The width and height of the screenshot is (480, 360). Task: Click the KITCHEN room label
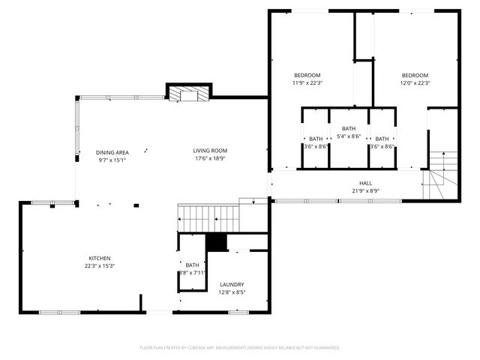point(100,258)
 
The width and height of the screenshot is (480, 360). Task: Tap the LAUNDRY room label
point(232,284)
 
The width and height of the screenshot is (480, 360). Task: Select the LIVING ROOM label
point(210,151)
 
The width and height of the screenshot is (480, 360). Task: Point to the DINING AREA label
point(112,152)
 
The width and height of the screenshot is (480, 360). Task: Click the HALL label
point(365,183)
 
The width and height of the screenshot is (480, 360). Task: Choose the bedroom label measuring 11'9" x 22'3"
point(307,75)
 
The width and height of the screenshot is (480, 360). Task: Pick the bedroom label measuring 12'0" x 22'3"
point(415,75)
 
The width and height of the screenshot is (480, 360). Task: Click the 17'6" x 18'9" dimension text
point(210,159)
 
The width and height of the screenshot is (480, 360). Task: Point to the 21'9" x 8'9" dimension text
point(365,191)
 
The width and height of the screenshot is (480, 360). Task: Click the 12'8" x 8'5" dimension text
point(232,292)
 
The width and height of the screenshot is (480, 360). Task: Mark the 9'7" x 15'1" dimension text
point(112,160)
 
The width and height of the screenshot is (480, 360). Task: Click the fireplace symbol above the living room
point(184,94)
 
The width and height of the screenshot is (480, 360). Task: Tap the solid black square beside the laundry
point(216,243)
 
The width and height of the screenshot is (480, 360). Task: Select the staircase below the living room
point(208,218)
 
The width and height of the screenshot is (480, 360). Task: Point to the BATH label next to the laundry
point(193,265)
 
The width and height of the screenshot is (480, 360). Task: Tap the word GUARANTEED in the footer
point(326,348)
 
